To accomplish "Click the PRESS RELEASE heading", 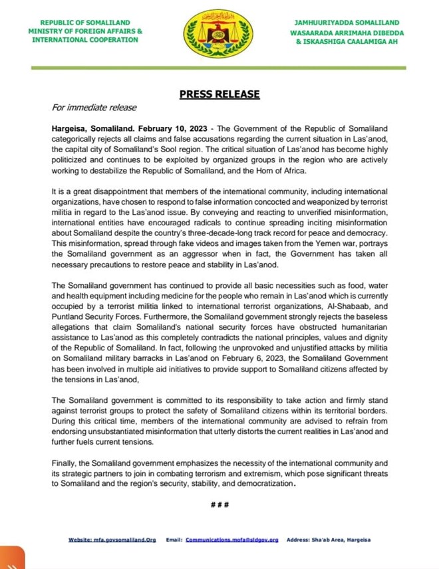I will [x=219, y=94].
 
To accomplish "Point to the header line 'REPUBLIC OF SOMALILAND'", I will [x=84, y=23].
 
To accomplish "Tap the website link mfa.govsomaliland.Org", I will [x=112, y=540].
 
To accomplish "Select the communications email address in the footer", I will [x=231, y=540].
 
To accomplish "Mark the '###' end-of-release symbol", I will [x=219, y=505].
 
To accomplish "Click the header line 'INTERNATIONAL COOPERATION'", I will [x=84, y=40].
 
